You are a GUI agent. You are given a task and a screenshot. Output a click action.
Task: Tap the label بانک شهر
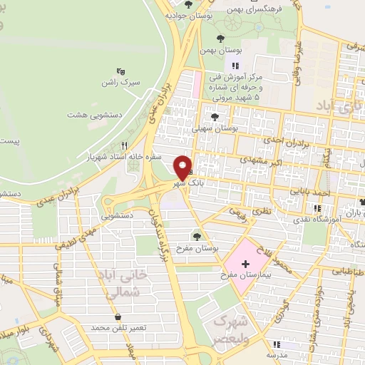[183, 183]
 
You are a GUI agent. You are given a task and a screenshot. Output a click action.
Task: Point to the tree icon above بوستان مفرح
[197, 235]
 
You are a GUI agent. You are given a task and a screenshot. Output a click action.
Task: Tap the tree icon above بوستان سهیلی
[215, 116]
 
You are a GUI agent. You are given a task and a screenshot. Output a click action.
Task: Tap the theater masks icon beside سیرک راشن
[121, 72]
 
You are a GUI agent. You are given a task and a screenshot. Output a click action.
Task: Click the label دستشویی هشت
[91, 114]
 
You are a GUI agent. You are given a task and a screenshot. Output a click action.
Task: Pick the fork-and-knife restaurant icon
[125, 144]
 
